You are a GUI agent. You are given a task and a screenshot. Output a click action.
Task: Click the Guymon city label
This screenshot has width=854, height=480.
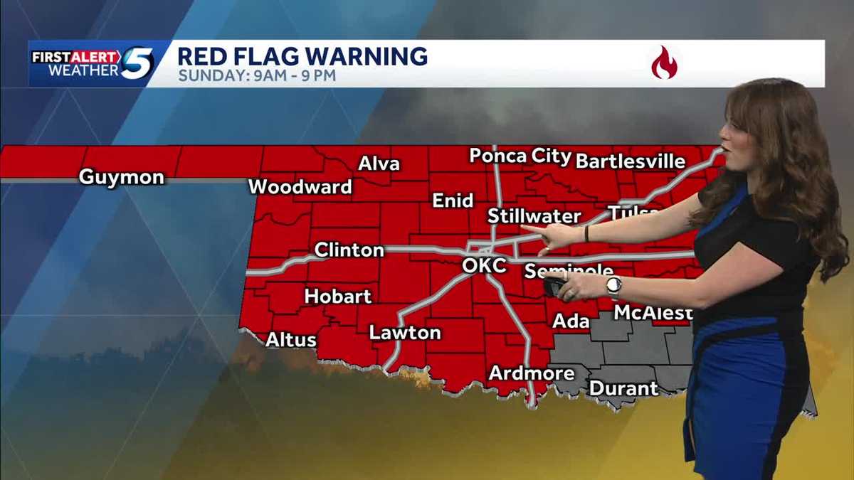coord(121,177)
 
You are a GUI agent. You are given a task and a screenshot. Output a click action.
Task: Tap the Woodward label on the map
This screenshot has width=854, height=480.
coord(300,187)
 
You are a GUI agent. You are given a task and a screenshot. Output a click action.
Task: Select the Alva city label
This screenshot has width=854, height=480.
coord(379,164)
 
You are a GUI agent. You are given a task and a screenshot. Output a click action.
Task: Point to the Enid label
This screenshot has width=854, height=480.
coord(453,201)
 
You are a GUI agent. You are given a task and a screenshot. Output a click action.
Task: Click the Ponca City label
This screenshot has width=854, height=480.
coord(520,156)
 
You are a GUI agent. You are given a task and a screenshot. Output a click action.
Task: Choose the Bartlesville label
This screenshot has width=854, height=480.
coord(630,161)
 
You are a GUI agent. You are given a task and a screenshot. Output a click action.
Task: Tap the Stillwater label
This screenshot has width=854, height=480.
coord(534,216)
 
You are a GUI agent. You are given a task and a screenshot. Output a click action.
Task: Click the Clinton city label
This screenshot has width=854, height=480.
coord(349,250)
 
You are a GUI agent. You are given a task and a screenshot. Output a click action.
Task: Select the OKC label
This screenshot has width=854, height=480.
coord(483,266)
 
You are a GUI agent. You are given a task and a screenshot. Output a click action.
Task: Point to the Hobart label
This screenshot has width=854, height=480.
coord(338,296)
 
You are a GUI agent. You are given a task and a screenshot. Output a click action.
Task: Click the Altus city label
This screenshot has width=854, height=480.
coord(290,340)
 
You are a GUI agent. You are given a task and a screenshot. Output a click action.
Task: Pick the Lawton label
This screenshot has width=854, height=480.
coord(404,333)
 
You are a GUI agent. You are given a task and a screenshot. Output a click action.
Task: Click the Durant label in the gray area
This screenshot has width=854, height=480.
coord(623,389)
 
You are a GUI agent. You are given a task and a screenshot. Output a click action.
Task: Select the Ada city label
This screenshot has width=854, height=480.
coord(571,321)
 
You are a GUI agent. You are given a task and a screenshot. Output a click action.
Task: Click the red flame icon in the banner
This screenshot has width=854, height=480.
coord(664,63)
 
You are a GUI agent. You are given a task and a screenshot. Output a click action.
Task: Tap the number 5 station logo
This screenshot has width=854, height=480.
coord(137,63)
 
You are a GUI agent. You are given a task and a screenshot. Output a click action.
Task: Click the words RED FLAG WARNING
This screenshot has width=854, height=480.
coord(302,55)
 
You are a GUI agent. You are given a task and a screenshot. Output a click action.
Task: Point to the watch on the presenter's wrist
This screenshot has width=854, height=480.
coord(613,287)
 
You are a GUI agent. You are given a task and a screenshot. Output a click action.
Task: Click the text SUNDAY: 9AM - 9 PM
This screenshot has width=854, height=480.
coord(256,75)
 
